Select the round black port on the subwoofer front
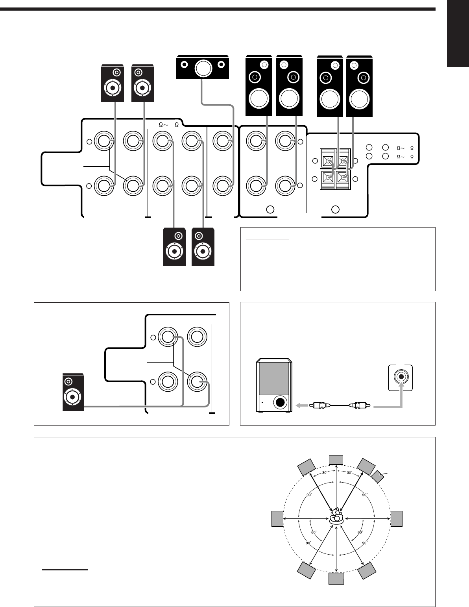click(280, 403)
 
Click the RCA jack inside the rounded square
click(401, 377)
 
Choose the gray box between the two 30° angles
click(336, 460)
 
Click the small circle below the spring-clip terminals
click(336, 209)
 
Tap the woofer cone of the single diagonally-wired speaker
click(73, 397)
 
